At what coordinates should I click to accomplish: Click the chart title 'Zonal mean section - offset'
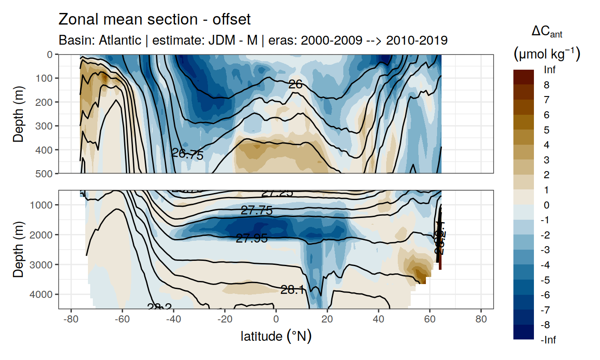154,20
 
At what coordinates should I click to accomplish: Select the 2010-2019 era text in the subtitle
417,41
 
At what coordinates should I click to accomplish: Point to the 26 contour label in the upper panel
296,84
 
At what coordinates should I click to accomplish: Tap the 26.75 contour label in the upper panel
187,155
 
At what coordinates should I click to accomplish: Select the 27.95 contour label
252,239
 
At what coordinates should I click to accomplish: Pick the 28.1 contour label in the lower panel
292,290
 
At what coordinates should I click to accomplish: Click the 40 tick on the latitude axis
379,320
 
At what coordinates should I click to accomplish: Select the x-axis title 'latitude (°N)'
276,336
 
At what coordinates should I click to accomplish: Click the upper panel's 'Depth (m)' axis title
18,113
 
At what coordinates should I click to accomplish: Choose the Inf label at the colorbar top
550,70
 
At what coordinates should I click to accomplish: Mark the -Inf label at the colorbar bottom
548,340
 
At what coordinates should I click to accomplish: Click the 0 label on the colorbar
546,205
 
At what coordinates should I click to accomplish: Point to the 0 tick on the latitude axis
276,320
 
